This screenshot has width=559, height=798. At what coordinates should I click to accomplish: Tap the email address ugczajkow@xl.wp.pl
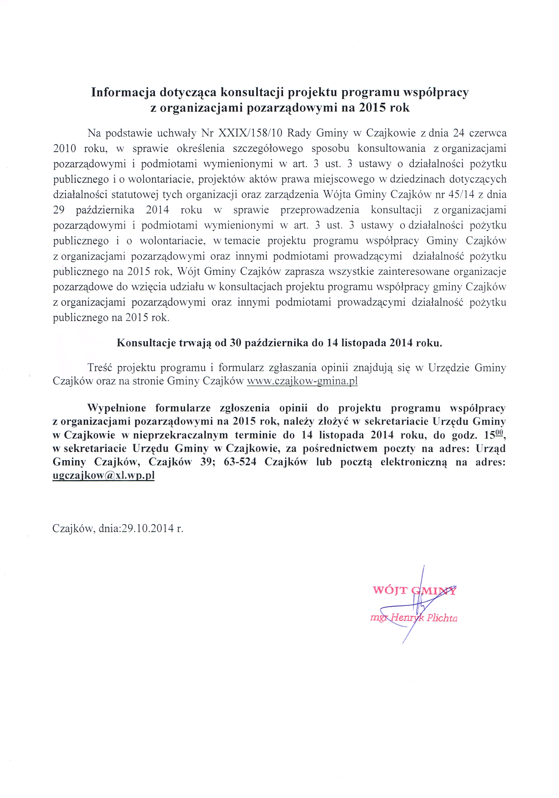103,475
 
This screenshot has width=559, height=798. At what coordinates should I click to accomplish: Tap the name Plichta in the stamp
442,618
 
